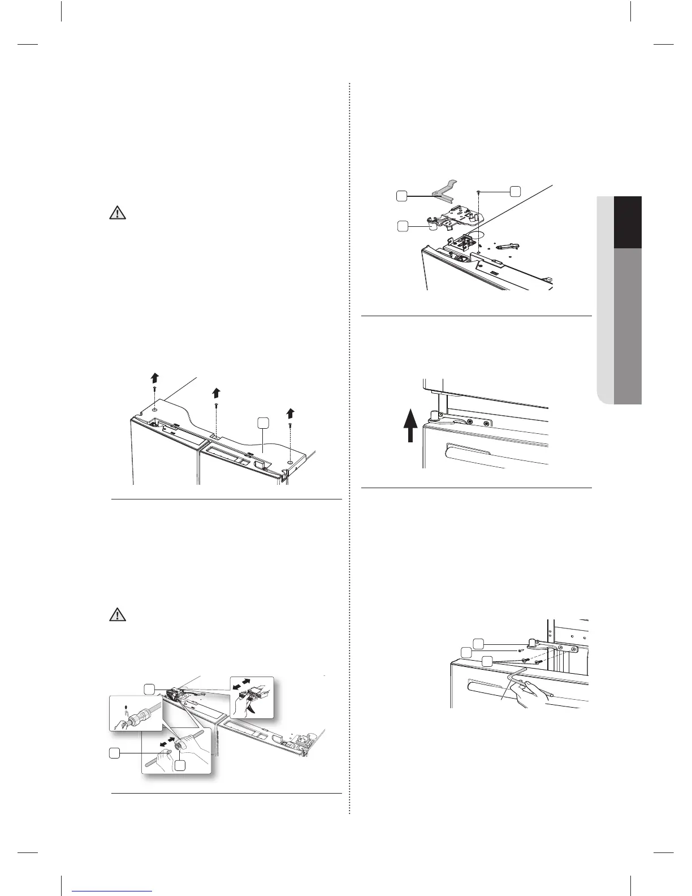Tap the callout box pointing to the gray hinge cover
click(401, 196)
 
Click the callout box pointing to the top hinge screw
click(514, 191)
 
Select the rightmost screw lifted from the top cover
click(290, 424)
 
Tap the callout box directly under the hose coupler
click(180, 765)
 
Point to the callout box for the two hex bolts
click(487, 661)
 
